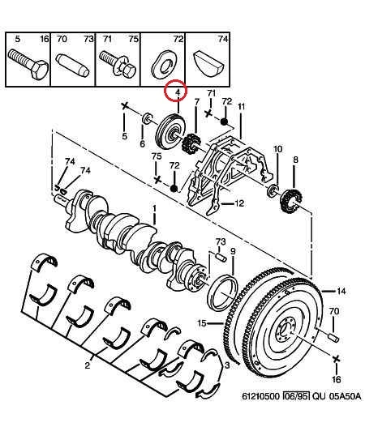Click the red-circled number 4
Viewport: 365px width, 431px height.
(x=178, y=92)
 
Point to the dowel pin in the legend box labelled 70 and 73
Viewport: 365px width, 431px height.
(x=72, y=65)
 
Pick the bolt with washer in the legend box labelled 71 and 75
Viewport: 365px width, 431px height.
(x=118, y=65)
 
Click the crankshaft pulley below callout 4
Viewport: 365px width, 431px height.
(x=170, y=131)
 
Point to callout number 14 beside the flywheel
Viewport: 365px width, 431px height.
(x=341, y=291)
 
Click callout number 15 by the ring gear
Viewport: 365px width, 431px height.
(x=202, y=323)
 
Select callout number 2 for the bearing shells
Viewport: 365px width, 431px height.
(x=88, y=365)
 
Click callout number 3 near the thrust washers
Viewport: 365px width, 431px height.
(x=227, y=365)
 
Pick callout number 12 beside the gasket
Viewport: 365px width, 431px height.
(x=239, y=203)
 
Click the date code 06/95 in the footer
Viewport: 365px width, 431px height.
(x=296, y=396)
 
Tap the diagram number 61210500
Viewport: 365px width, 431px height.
(x=261, y=396)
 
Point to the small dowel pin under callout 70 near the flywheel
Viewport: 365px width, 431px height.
(x=334, y=337)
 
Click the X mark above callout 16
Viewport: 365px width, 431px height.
(x=336, y=359)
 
